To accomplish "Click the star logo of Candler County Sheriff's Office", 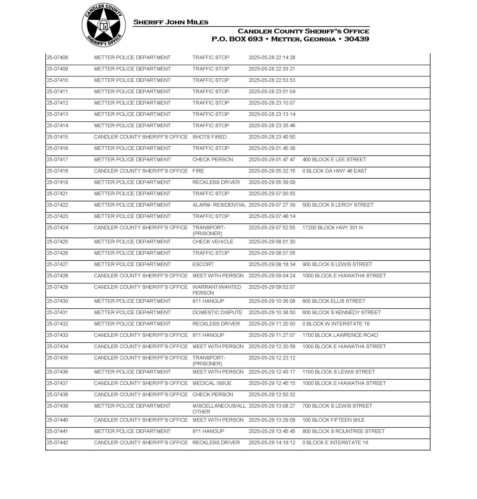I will tap(104, 25).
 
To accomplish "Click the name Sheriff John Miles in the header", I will tap(171, 22).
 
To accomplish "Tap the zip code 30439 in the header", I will tap(356, 39).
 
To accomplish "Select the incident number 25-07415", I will tap(58, 137).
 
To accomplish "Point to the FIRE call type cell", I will tap(198, 171).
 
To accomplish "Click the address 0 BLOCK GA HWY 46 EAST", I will tap(334, 171).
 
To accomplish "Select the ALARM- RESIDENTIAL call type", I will tap(219, 205).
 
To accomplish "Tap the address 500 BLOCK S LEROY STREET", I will tap(338, 205).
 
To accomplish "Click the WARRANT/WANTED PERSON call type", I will tap(217, 290).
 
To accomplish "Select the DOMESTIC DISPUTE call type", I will tap(217, 313).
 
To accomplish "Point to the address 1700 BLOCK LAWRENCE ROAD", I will tap(340, 335).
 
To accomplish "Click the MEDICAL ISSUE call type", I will tap(212, 383).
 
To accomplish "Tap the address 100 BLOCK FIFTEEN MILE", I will tap(333, 420).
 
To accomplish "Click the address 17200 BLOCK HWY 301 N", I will tap(332, 227).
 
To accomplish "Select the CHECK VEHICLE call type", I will tap(213, 242).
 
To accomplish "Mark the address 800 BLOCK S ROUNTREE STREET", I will tap(343, 431).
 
